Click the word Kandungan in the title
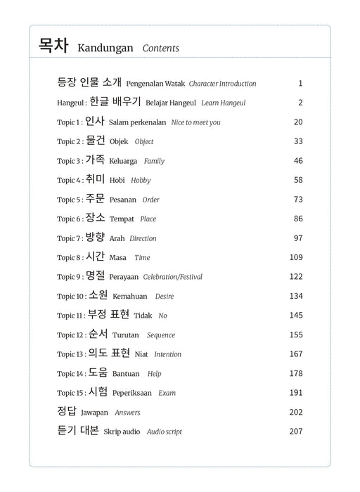[105, 48]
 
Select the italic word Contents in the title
[160, 48]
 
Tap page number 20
[298, 122]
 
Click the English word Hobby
[141, 181]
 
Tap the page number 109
[295, 257]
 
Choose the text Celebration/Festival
[172, 277]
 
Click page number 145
[295, 315]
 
